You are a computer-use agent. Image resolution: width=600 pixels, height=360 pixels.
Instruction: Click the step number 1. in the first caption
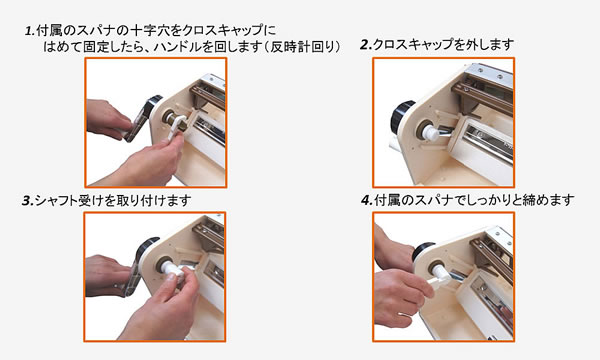point(30,31)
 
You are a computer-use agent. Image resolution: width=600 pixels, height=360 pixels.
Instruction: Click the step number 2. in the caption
point(366,45)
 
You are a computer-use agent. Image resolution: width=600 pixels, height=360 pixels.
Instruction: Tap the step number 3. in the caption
point(28,200)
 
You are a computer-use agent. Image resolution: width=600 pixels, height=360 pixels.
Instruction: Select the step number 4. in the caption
point(367,200)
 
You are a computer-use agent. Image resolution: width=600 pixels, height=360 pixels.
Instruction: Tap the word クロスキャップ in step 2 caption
point(411,45)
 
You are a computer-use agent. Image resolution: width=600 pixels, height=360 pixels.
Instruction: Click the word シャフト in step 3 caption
point(56,200)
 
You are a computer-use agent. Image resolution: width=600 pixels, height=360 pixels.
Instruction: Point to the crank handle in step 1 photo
point(142,119)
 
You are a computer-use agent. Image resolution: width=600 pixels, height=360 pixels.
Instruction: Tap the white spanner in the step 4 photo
point(437,280)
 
